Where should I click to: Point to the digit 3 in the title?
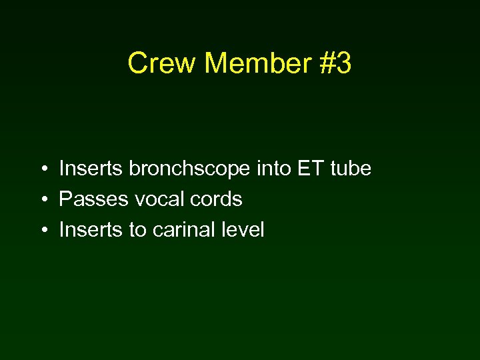point(344,64)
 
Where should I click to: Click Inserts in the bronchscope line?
point(91,169)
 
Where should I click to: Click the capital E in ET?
point(305,169)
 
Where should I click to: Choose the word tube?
point(350,169)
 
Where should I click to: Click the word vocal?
point(158,199)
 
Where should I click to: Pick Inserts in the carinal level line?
point(91,230)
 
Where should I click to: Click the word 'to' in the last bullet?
point(137,230)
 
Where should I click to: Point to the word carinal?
point(184,230)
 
